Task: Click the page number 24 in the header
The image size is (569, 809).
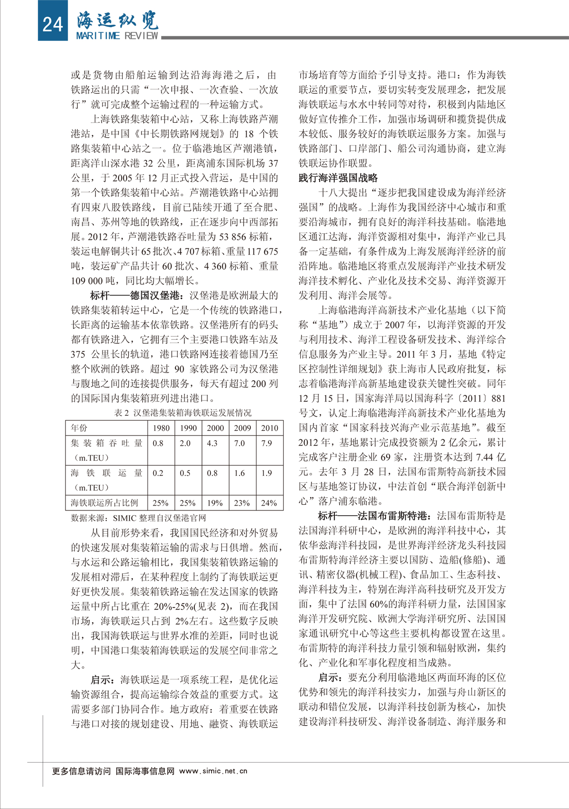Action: point(52,23)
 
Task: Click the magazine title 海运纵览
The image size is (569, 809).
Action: point(118,20)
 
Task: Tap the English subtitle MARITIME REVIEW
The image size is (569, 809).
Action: point(117,36)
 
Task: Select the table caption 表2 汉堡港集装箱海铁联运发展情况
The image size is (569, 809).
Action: point(183,413)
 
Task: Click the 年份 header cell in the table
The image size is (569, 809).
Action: point(79,428)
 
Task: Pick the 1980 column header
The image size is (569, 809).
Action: point(161,428)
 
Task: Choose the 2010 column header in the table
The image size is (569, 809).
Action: point(269,428)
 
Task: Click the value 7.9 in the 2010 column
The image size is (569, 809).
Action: point(266,443)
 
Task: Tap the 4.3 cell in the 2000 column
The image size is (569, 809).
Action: point(212,443)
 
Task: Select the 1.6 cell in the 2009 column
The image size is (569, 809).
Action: point(239,473)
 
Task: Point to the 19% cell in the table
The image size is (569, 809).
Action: point(215,503)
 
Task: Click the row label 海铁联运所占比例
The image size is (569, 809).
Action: point(104,503)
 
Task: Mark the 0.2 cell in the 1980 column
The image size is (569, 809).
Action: point(158,473)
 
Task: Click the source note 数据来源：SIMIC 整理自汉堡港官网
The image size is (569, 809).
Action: point(138,518)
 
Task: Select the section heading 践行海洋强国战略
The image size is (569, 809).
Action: point(338,178)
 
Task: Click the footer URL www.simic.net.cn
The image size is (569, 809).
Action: point(213,771)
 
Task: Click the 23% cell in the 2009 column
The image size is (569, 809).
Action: point(242,503)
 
